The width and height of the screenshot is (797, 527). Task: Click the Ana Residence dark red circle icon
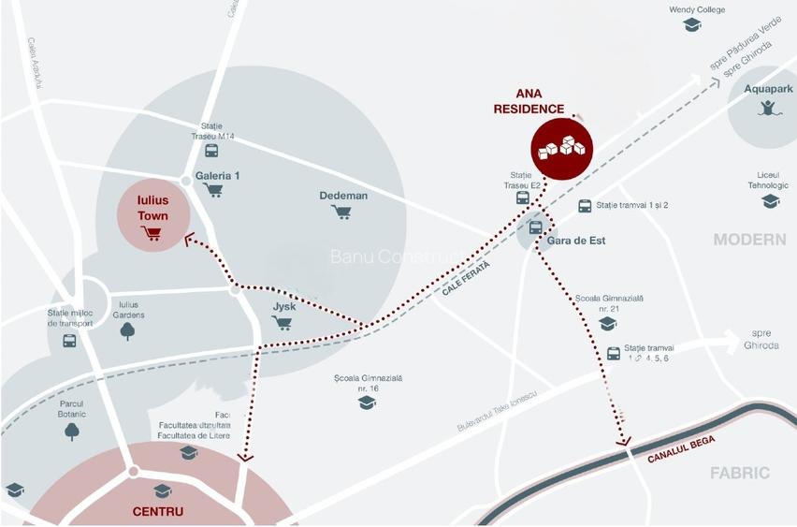(563, 149)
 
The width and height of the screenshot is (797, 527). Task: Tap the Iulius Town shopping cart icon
(151, 233)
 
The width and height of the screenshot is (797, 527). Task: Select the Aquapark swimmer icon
(768, 108)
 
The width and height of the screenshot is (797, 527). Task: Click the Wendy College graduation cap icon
(692, 25)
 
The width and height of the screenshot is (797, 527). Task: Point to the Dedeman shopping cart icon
(341, 212)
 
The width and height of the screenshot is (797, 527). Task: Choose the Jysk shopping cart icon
(282, 323)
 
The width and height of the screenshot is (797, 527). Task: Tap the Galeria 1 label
(217, 175)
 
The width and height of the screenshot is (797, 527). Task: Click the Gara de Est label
(577, 241)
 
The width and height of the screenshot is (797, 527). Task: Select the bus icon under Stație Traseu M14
(211, 150)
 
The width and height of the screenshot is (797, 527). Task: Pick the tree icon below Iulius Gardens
(127, 330)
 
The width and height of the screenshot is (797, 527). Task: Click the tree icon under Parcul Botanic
(71, 431)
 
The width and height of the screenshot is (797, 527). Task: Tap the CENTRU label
(157, 512)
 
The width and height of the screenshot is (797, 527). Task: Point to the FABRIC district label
(739, 473)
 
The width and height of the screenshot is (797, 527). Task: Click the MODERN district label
(749, 240)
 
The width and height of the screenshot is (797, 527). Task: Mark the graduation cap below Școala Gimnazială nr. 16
(367, 403)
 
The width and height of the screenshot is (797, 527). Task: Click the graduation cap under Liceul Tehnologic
(770, 201)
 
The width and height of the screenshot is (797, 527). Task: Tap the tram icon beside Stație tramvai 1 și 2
(585, 206)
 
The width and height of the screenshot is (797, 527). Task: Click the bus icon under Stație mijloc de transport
(70, 341)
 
